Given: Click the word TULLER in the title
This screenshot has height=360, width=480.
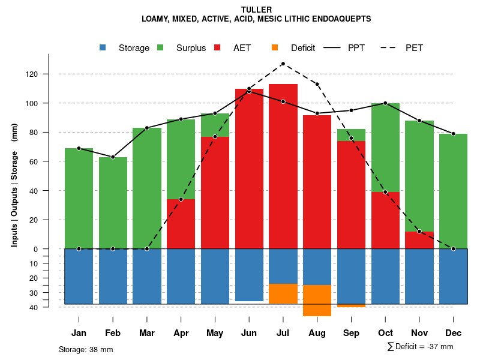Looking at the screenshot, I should (x=256, y=10).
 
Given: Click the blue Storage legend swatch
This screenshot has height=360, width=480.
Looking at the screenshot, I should (x=103, y=48).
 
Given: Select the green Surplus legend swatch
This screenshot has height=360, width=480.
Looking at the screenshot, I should (x=161, y=48).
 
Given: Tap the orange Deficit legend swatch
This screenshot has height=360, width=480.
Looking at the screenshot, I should (x=275, y=48).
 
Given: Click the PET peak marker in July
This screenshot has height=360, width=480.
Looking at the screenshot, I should (x=283, y=64).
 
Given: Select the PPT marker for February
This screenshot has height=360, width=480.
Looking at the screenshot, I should (x=113, y=157).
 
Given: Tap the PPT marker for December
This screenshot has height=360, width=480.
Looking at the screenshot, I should (x=454, y=134).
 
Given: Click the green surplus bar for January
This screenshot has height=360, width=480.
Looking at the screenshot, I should (x=79, y=198).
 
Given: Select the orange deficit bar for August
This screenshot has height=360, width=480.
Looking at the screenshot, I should (x=317, y=301).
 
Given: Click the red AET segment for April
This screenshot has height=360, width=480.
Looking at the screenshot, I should (x=181, y=224).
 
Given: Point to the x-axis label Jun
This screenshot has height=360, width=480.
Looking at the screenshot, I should (x=249, y=333).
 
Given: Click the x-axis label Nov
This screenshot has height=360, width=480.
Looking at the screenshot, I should (x=419, y=333).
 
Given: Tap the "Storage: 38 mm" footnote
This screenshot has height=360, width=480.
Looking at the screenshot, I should (x=86, y=349).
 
